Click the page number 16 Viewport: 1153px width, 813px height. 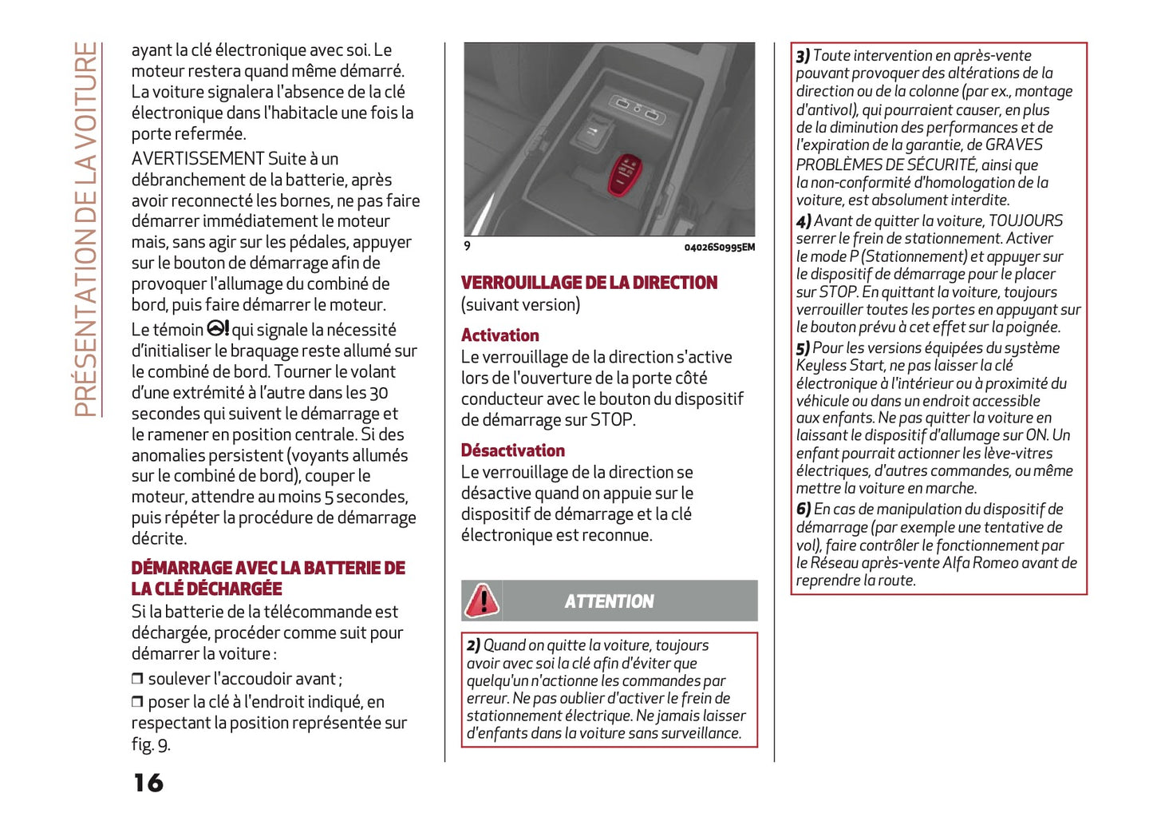(148, 783)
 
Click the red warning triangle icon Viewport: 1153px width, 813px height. (482, 601)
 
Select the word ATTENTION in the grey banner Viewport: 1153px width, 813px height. (609, 601)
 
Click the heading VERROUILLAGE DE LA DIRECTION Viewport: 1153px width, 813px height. (589, 283)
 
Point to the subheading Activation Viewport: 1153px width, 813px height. (500, 335)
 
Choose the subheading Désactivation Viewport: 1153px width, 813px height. (512, 450)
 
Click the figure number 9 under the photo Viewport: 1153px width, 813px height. (468, 246)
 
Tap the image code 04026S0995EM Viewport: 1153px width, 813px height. (719, 247)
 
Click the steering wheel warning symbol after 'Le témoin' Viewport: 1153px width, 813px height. (218, 328)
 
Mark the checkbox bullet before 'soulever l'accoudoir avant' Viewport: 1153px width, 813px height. (137, 679)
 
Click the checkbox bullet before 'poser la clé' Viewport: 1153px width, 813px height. (137, 702)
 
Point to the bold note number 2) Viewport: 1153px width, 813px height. (474, 645)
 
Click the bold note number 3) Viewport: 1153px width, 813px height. (803, 56)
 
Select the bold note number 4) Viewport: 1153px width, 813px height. (804, 221)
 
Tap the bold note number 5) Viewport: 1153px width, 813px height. (803, 348)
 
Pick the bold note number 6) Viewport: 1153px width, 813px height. (803, 510)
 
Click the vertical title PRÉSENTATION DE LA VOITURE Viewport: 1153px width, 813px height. (86, 229)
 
